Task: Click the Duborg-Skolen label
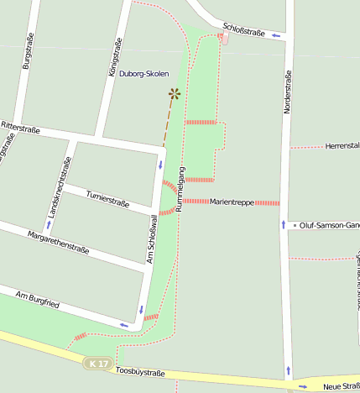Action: (x=143, y=74)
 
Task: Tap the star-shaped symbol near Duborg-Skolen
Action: (x=174, y=93)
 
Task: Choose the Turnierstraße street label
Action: (x=107, y=199)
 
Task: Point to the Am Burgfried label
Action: (x=38, y=298)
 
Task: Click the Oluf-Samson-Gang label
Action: (x=328, y=226)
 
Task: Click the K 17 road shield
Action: (x=98, y=364)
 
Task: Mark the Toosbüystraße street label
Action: (x=139, y=371)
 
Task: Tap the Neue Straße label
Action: (x=341, y=386)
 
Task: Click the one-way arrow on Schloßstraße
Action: (x=276, y=35)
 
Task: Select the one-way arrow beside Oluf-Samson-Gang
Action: (x=284, y=225)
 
